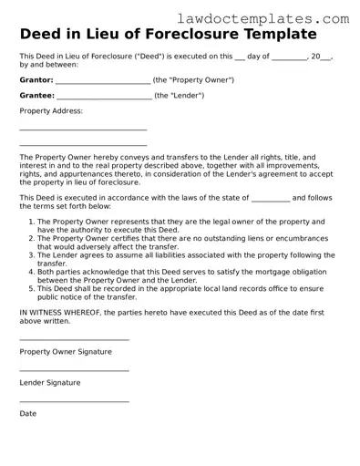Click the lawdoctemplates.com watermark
tap(275, 17)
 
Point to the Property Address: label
tap(51, 110)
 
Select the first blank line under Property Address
tap(83, 130)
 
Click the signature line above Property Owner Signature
tap(74, 340)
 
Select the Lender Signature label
tap(50, 383)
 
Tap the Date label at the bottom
tap(28, 414)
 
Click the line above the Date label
tap(74, 402)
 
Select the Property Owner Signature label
tap(66, 351)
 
